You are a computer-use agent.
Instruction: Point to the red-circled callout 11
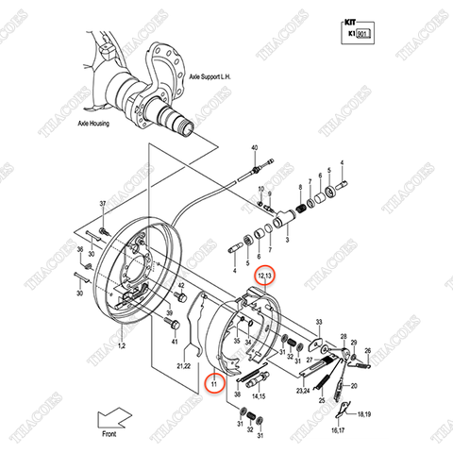pyautogui.click(x=214, y=384)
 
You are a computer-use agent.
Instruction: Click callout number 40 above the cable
pyautogui.click(x=254, y=149)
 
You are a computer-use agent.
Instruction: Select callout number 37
pyautogui.click(x=103, y=204)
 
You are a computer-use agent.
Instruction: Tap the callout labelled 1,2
pyautogui.click(x=121, y=347)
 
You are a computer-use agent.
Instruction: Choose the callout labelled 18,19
pyautogui.click(x=362, y=414)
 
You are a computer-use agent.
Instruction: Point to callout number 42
pyautogui.click(x=180, y=284)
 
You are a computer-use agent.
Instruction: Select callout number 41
pyautogui.click(x=174, y=338)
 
